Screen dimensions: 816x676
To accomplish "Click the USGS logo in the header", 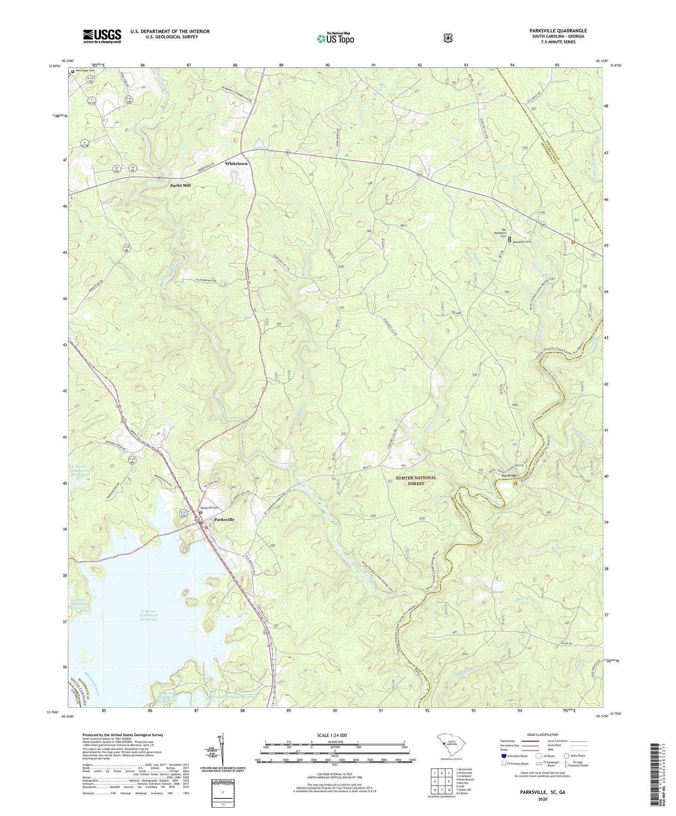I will tap(102, 36).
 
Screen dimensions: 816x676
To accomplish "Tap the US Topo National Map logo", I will tap(335, 38).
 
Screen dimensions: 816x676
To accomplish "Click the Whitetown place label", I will tap(236, 164).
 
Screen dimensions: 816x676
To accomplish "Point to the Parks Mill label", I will tap(180, 186).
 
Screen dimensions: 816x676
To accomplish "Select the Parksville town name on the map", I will tap(224, 519).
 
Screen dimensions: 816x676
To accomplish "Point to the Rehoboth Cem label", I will tap(522, 242).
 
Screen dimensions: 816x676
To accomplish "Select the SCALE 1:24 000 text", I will tap(332, 735).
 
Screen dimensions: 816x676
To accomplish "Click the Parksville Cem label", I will tap(210, 508).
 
